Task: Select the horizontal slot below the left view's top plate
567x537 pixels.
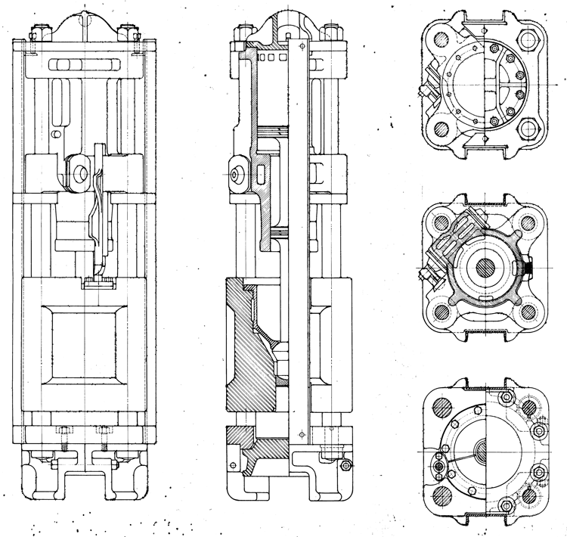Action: pos(85,57)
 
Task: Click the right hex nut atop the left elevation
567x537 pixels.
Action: pos(134,33)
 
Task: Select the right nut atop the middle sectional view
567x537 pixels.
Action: pos(330,34)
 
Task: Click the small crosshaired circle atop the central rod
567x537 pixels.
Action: pos(302,47)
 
